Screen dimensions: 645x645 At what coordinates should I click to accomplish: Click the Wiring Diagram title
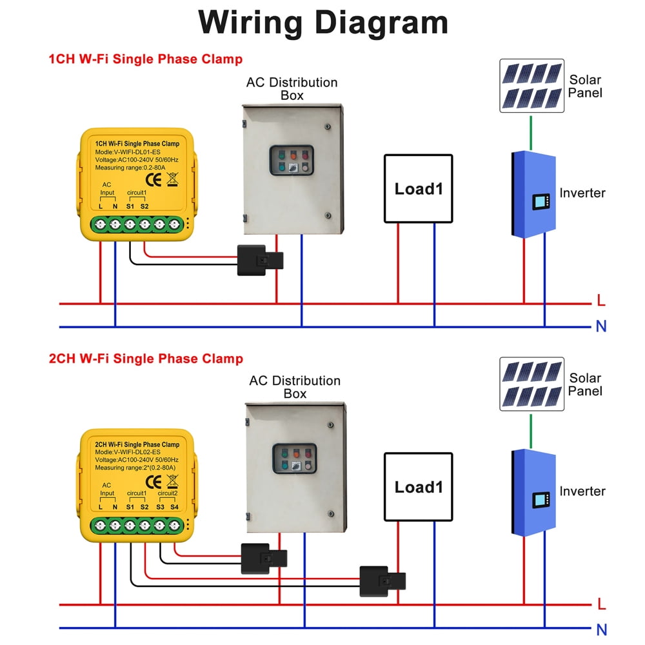[322, 23]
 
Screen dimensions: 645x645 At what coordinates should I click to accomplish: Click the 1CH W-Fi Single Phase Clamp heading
[146, 59]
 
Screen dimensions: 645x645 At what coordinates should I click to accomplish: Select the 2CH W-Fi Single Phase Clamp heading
[146, 359]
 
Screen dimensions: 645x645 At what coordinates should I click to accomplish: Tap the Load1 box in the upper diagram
[419, 188]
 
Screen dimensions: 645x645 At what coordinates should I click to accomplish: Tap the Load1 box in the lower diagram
[419, 486]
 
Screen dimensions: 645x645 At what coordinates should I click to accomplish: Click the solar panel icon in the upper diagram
[531, 86]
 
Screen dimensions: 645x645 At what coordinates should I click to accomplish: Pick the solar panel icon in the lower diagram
[531, 384]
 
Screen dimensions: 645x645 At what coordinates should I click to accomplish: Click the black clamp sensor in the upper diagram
[261, 261]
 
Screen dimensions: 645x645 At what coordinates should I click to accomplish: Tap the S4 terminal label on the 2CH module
[174, 508]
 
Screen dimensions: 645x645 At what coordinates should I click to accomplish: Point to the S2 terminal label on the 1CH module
[144, 206]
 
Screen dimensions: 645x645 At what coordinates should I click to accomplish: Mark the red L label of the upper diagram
[601, 301]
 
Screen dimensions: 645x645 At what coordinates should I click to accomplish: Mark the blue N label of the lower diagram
[601, 630]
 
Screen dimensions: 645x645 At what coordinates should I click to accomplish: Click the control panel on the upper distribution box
[292, 161]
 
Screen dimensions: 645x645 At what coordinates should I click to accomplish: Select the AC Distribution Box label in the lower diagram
[295, 387]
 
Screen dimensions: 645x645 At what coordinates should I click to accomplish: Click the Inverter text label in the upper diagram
[582, 193]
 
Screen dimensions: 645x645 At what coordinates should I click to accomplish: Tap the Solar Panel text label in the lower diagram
[585, 384]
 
